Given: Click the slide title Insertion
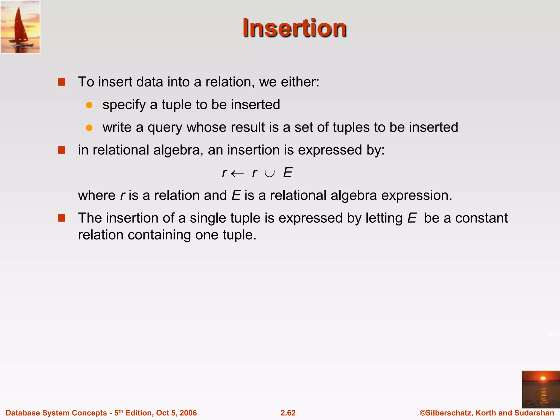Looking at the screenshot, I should tap(294, 28).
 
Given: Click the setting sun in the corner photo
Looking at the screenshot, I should tap(543, 378).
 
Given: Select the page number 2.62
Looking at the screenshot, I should tap(288, 413).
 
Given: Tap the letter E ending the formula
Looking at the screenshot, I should tap(288, 173).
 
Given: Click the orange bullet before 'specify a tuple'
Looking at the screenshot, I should tap(89, 105).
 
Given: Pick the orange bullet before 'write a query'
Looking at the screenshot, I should tap(89, 128).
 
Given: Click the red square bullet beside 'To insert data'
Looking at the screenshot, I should tap(62, 82).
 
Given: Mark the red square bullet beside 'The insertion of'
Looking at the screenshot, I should tap(62, 218).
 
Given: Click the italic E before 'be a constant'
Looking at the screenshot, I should tap(412, 218).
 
